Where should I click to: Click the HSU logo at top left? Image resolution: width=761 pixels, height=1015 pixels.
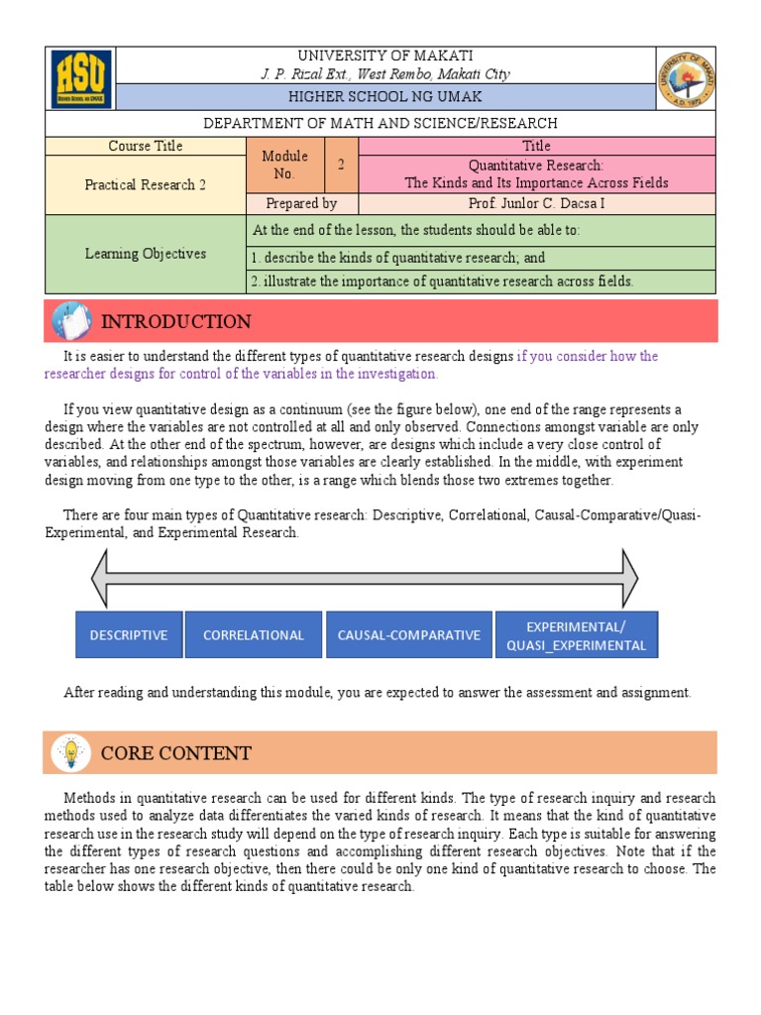click(x=81, y=78)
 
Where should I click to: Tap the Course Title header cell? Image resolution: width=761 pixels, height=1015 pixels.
click(x=145, y=147)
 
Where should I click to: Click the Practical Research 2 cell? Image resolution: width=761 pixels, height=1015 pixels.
click(x=145, y=185)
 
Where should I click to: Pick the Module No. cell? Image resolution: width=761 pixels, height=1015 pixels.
click(x=284, y=166)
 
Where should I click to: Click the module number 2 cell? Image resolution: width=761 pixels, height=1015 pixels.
click(x=341, y=166)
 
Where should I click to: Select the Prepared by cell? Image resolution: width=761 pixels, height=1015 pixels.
click(x=301, y=203)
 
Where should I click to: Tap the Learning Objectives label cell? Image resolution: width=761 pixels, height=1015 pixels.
click(x=145, y=254)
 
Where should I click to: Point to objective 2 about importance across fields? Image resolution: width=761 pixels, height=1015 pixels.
click(x=442, y=282)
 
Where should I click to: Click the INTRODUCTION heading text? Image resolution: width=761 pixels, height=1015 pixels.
click(x=175, y=322)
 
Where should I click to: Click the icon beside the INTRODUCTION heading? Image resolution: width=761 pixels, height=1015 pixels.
click(x=70, y=321)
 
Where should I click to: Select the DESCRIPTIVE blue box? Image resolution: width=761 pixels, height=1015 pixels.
click(x=129, y=635)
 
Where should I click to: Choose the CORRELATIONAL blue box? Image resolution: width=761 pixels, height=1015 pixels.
click(x=254, y=635)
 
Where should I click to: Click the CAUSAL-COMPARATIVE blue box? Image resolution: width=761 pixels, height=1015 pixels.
click(x=408, y=635)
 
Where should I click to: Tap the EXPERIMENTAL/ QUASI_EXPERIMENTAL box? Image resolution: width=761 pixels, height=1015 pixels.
click(x=576, y=635)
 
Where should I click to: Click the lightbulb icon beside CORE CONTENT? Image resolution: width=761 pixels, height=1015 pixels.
click(x=70, y=752)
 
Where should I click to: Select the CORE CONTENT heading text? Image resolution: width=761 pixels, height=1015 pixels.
click(x=175, y=753)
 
